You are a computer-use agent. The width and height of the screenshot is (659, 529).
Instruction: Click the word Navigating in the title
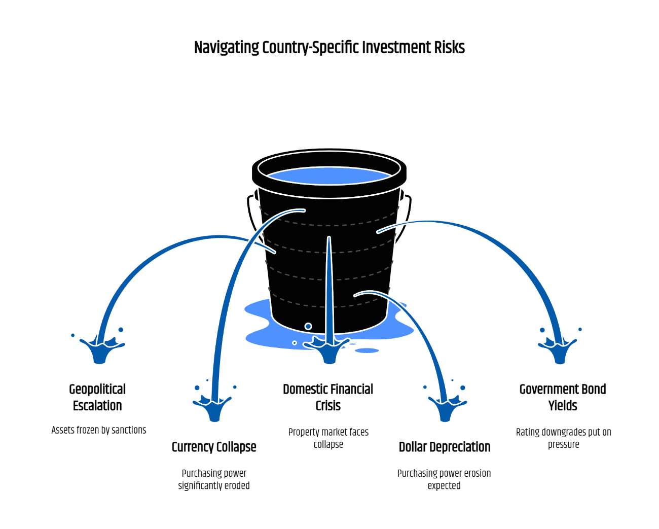226,48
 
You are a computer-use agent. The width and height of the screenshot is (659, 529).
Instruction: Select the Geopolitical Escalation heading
97,398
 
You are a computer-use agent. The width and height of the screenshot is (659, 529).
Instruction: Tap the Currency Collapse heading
214,447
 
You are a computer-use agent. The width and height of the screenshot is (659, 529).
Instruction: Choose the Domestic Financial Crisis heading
328,398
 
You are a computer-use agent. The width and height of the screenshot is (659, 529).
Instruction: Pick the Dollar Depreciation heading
445,447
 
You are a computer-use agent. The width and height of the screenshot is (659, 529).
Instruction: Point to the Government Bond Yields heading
563,398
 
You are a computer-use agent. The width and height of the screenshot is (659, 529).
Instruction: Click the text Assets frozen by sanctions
99,430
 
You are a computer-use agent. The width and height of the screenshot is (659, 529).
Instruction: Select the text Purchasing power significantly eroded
214,479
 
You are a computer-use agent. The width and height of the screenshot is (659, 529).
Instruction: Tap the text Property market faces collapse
328,438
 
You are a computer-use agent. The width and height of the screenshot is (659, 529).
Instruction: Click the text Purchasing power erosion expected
444,479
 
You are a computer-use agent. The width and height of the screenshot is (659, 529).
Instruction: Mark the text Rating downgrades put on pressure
564,438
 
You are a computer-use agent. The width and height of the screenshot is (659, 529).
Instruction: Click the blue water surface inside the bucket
329,175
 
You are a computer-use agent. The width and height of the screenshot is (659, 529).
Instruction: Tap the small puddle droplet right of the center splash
367,350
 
